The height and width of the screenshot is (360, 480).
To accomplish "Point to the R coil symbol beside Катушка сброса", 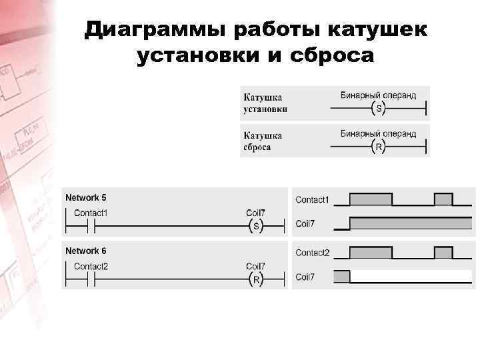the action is pyautogui.click(x=379, y=147).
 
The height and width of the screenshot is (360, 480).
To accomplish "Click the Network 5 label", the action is pyautogui.click(x=85, y=198).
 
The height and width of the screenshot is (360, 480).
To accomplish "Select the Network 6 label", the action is pyautogui.click(x=85, y=251).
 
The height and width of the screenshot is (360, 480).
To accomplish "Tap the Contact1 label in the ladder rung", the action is pyautogui.click(x=91, y=213).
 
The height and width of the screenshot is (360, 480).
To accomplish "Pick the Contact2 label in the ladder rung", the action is pyautogui.click(x=91, y=267).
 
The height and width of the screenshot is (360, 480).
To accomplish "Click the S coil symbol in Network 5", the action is pyautogui.click(x=257, y=227).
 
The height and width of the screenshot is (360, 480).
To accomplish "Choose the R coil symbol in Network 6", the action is pyautogui.click(x=257, y=280).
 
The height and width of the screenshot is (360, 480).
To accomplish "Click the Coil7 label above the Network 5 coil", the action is pyautogui.click(x=255, y=213).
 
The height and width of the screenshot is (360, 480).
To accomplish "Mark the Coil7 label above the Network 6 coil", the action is pyautogui.click(x=255, y=267).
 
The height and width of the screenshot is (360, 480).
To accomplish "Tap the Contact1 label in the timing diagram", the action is pyautogui.click(x=312, y=200).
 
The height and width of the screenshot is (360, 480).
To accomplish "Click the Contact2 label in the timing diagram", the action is pyautogui.click(x=312, y=253).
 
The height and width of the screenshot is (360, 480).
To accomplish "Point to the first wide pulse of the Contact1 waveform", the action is pyautogui.click(x=371, y=199).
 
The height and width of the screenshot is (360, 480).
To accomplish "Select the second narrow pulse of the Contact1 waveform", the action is pyautogui.click(x=443, y=199).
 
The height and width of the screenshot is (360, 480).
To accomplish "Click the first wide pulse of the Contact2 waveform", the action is pyautogui.click(x=371, y=253).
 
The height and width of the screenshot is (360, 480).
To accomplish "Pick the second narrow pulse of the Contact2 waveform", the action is pyautogui.click(x=443, y=253).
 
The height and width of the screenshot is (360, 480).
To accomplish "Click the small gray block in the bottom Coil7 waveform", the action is pyautogui.click(x=341, y=277).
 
